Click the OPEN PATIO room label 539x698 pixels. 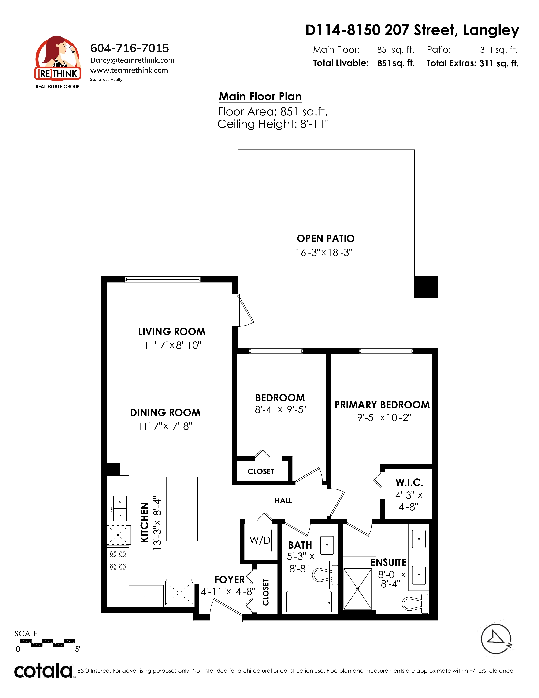click(325, 238)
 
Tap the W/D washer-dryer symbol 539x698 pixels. click(260, 540)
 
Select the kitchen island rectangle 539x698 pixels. click(182, 509)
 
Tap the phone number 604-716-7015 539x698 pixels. click(130, 48)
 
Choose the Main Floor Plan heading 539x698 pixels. click(260, 96)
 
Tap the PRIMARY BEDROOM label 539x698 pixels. click(382, 405)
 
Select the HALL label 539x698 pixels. click(283, 500)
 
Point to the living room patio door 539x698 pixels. click(245, 310)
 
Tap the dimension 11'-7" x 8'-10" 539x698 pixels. click(173, 345)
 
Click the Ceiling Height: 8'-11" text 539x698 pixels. click(273, 124)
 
